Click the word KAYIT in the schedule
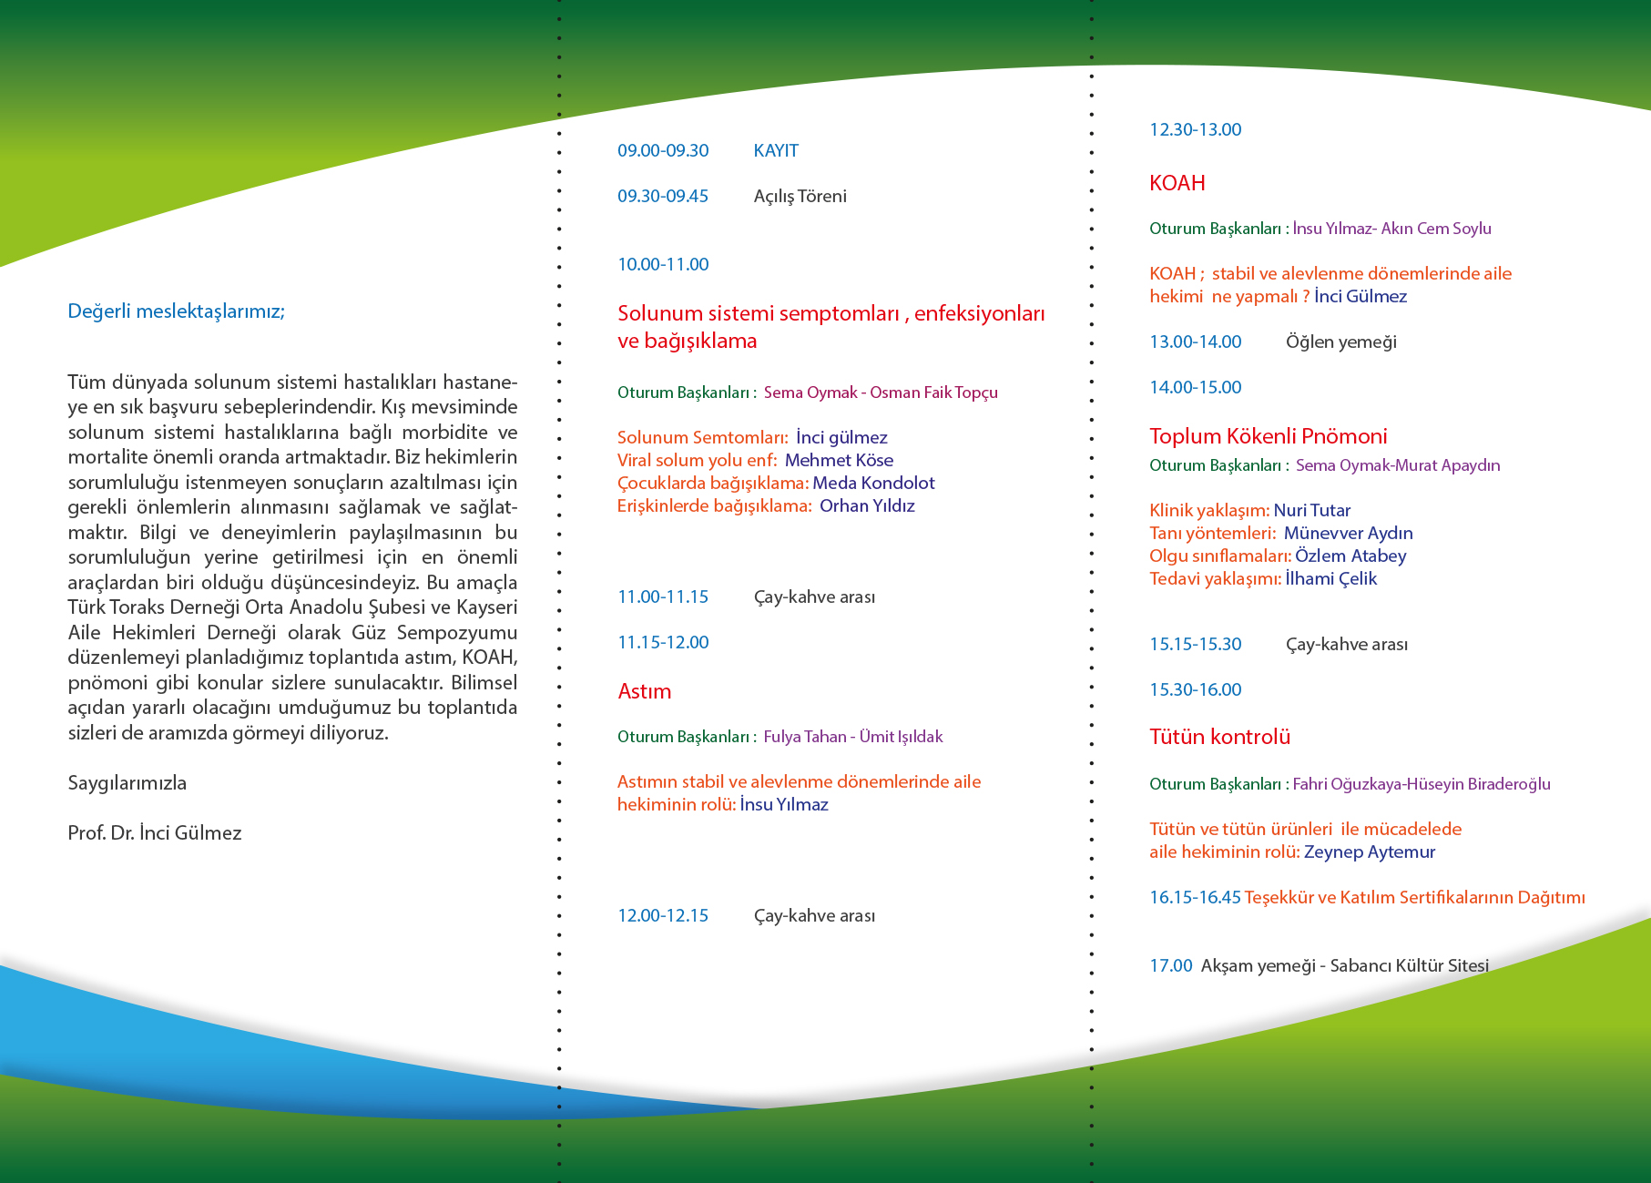click(x=776, y=151)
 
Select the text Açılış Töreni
click(x=800, y=197)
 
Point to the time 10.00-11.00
click(x=663, y=265)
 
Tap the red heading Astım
click(x=644, y=691)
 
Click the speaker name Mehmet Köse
click(x=839, y=461)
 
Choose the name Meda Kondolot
click(x=873, y=484)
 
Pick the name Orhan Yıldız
click(x=867, y=506)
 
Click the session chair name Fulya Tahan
click(x=804, y=737)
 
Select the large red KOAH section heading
click(x=1177, y=183)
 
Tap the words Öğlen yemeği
click(x=1340, y=342)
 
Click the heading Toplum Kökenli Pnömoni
click(x=1268, y=436)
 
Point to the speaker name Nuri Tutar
click(x=1311, y=511)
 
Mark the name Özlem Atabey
click(x=1350, y=556)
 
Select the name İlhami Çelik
click(x=1330, y=579)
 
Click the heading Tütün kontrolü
click(x=1219, y=737)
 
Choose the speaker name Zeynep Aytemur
click(x=1369, y=852)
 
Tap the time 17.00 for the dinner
click(x=1170, y=966)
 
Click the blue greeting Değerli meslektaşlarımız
click(x=176, y=311)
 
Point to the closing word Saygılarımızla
click(x=127, y=783)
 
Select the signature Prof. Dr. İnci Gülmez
click(x=155, y=833)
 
